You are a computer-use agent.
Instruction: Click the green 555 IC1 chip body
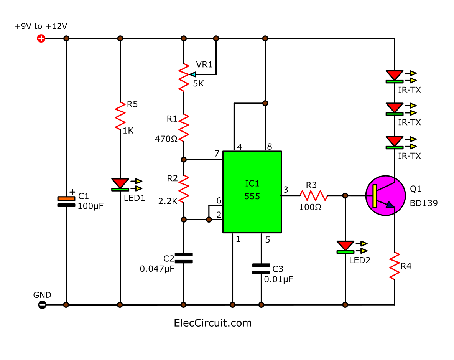click(x=252, y=192)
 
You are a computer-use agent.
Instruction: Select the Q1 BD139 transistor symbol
click(x=385, y=196)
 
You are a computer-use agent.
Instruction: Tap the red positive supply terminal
click(x=41, y=38)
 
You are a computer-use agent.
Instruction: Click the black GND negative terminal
click(x=43, y=305)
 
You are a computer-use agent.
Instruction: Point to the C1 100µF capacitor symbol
click(x=66, y=201)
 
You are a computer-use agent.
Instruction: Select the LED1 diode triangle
click(x=120, y=183)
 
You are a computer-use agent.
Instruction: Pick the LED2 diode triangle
click(x=345, y=246)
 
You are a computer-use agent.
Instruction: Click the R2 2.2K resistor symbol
click(x=184, y=189)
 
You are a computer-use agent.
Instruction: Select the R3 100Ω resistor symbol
click(x=314, y=196)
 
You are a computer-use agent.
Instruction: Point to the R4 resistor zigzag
click(x=395, y=266)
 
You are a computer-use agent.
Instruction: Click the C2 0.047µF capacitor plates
click(x=184, y=258)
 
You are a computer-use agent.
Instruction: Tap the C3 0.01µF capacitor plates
click(x=261, y=269)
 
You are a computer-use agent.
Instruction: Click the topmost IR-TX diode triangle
click(x=394, y=76)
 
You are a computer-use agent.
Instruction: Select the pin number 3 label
click(x=285, y=189)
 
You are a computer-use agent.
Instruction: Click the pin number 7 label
click(x=217, y=154)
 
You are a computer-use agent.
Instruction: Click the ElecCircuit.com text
click(x=213, y=323)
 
